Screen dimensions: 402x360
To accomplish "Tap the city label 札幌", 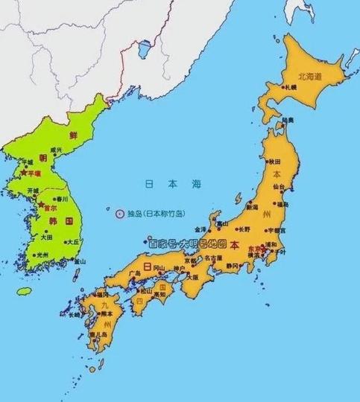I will (289, 87).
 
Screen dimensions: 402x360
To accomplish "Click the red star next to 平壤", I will (25, 173).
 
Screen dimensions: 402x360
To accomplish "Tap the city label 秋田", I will (275, 162).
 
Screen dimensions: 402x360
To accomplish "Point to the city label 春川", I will (62, 199).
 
